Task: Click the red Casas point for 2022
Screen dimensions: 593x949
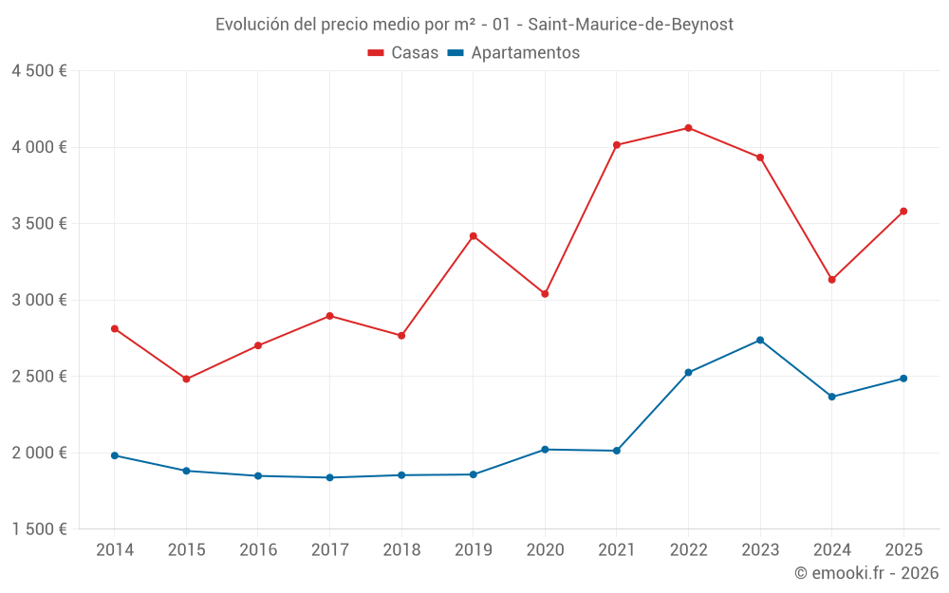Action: tap(688, 128)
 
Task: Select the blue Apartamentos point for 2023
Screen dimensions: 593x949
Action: tap(760, 340)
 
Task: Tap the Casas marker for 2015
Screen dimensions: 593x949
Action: tap(186, 379)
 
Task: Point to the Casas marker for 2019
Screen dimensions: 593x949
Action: tap(474, 235)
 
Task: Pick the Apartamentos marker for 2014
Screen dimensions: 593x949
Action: tap(115, 455)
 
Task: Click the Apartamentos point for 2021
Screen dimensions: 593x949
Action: tap(617, 451)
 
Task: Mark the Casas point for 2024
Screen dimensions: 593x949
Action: tap(832, 280)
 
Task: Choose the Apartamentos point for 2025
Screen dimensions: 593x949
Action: tap(903, 379)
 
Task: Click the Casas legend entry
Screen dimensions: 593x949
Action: tap(403, 53)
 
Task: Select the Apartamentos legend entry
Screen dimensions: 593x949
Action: tap(513, 53)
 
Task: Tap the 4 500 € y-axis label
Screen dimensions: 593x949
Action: tap(39, 71)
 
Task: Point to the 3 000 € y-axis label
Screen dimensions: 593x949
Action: tap(39, 300)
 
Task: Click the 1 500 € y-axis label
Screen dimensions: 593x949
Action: tap(39, 529)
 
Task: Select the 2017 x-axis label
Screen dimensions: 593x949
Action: tap(329, 550)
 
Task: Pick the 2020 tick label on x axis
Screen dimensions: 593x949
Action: tap(545, 550)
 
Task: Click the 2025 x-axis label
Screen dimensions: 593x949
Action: tap(903, 550)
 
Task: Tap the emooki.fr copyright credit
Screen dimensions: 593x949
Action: tap(865, 573)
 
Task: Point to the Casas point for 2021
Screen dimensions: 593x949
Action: tap(617, 145)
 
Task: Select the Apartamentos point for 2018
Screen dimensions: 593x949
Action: tap(401, 475)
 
